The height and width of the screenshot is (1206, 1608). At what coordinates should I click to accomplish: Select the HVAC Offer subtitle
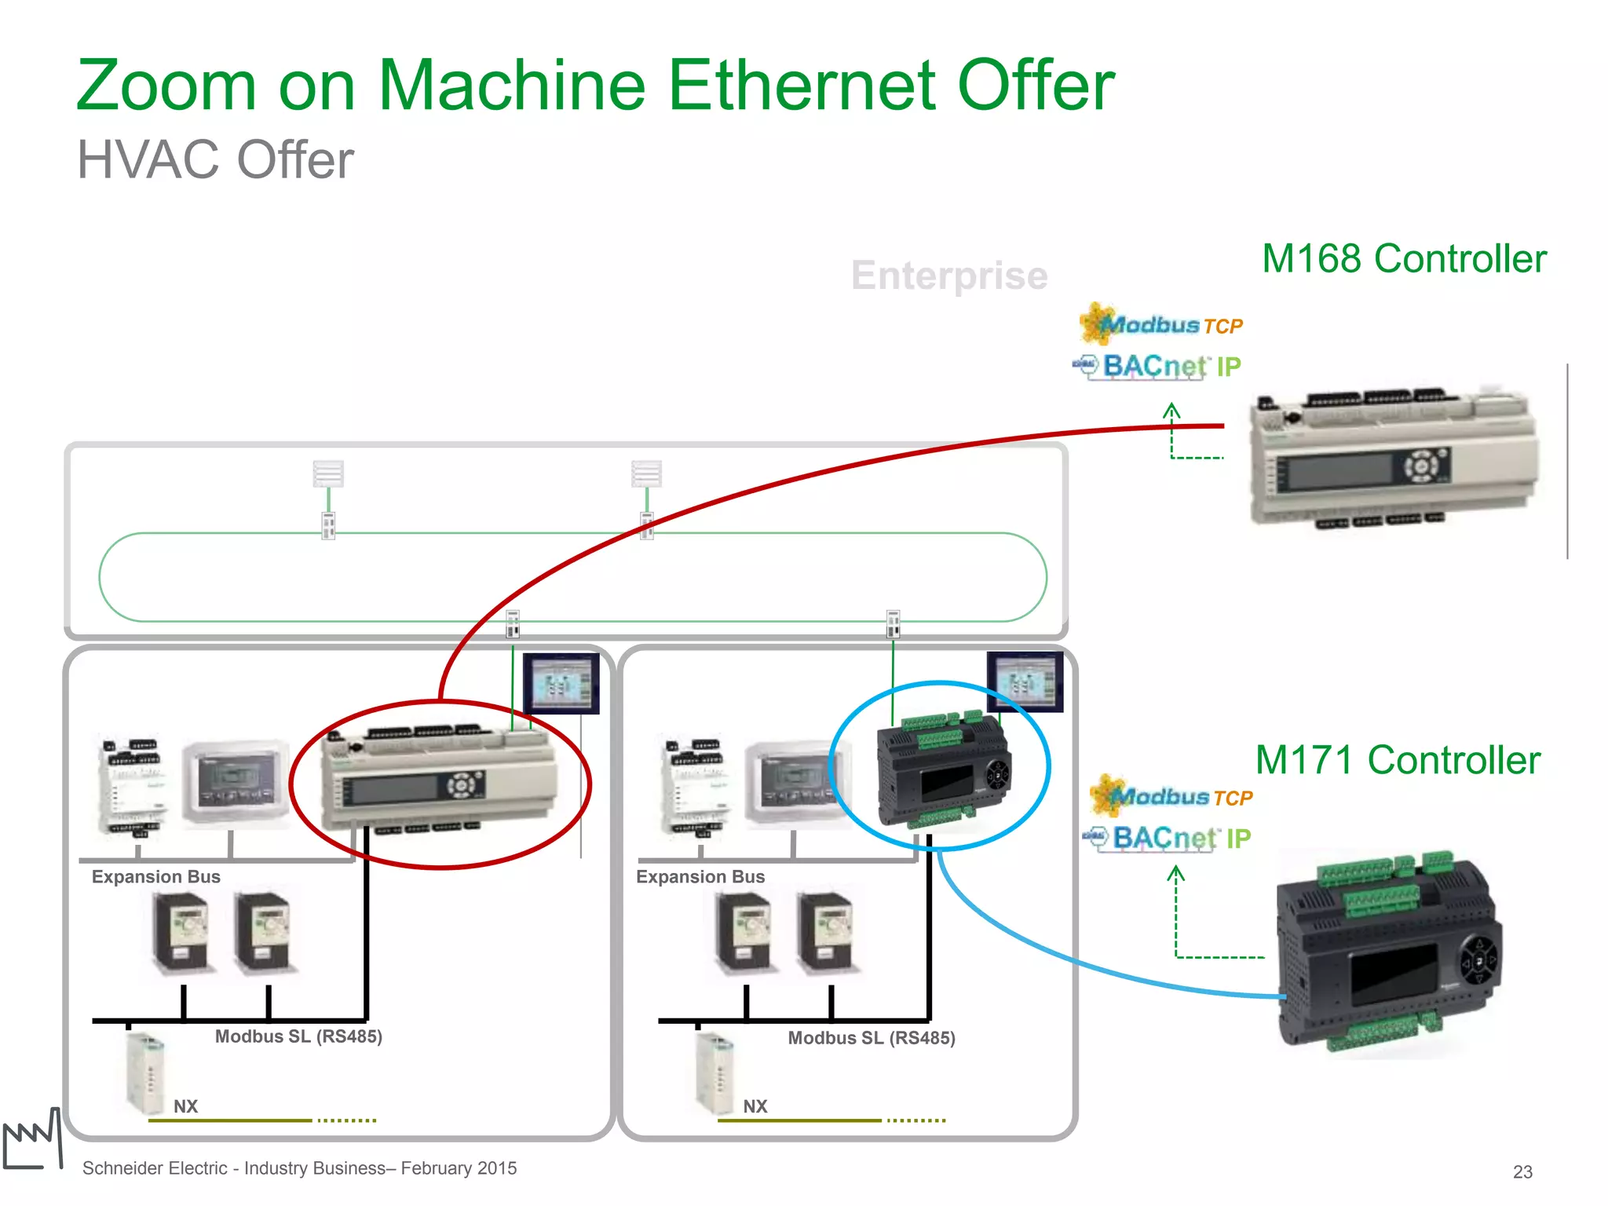pos(215,160)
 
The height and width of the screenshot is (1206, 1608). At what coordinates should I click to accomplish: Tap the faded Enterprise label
pos(949,276)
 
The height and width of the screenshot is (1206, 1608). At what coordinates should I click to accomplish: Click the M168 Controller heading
pos(1404,258)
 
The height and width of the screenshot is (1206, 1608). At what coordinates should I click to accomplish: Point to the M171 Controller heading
pos(1398,760)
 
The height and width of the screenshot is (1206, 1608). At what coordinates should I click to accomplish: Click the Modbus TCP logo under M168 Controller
pos(1162,324)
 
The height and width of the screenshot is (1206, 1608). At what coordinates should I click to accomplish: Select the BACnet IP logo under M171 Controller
pos(1170,838)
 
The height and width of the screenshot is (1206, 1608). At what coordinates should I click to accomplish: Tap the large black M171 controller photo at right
pos(1390,954)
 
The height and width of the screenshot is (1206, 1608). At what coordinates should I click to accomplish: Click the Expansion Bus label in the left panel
pos(155,877)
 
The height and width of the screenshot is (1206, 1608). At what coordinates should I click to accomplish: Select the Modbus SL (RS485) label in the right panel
pos(872,1038)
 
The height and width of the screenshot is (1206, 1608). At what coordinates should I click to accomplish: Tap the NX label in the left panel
pos(185,1106)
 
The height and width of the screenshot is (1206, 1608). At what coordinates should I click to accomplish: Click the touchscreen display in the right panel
pos(1025,682)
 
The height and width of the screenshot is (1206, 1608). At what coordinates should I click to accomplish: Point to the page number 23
pos(1522,1171)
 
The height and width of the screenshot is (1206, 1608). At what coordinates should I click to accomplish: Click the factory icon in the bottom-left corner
pos(33,1140)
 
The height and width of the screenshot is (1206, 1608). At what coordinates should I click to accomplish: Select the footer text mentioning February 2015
pos(299,1168)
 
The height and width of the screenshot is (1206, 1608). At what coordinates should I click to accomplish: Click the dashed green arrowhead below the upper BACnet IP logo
pos(1171,410)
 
